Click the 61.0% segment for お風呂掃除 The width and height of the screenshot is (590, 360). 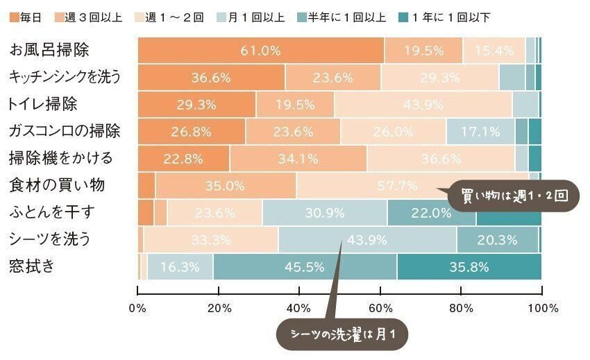(x=261, y=50)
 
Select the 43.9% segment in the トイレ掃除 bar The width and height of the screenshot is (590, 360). (x=423, y=104)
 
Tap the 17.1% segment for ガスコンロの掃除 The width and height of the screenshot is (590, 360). (x=480, y=131)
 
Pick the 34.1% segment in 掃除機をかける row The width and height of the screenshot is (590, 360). (x=298, y=158)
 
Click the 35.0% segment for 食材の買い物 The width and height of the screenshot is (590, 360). (x=226, y=185)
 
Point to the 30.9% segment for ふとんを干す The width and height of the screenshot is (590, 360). (x=325, y=212)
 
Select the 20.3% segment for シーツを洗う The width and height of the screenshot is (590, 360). (x=498, y=240)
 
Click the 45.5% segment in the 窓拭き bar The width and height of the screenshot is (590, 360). (x=305, y=267)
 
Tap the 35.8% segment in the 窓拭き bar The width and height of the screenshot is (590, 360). (x=469, y=267)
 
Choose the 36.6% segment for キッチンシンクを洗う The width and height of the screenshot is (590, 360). (x=211, y=77)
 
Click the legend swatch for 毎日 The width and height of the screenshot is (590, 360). (x=15, y=17)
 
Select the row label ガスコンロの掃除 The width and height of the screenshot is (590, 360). (x=65, y=131)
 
